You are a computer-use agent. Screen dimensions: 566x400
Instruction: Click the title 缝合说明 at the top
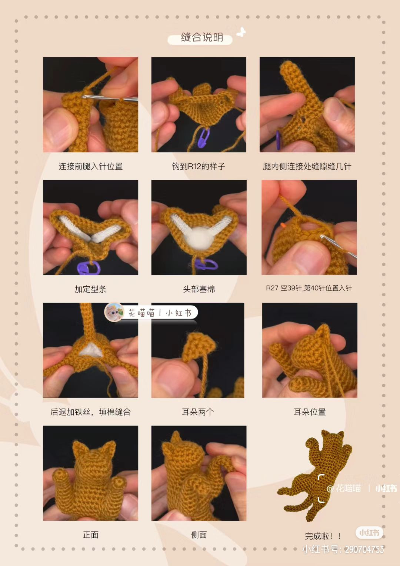click(201, 37)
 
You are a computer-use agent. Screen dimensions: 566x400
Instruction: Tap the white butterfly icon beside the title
click(241, 32)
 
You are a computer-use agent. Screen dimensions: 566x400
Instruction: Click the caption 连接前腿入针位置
click(90, 166)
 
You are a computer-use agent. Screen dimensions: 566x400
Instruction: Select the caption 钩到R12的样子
click(199, 166)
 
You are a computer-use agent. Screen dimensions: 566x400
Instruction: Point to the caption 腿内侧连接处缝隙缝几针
click(307, 166)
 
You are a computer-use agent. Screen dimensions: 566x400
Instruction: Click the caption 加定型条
click(90, 289)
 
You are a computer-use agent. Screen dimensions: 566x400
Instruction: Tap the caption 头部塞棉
click(199, 289)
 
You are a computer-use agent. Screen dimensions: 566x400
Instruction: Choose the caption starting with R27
click(309, 288)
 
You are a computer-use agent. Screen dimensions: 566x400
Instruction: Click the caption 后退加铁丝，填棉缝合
click(90, 412)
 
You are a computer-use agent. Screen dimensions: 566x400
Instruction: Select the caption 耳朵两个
click(198, 412)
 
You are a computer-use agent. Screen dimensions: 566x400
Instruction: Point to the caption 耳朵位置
click(310, 412)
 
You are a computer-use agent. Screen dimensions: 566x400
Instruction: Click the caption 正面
click(90, 535)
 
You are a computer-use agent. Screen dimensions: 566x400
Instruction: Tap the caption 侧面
click(199, 535)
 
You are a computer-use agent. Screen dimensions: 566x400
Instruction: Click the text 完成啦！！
click(323, 536)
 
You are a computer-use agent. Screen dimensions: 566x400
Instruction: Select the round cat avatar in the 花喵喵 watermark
click(114, 312)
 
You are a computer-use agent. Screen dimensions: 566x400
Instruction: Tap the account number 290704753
click(364, 549)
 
